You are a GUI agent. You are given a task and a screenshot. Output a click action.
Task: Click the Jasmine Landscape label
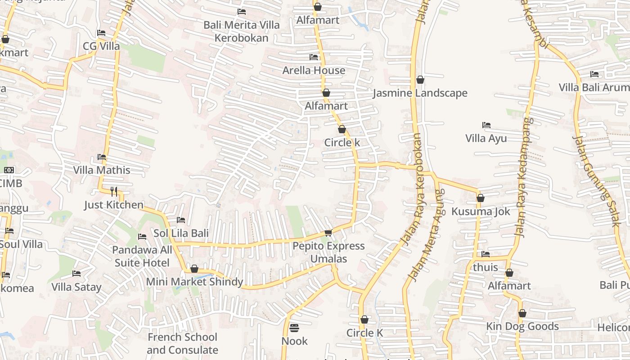[x=420, y=93]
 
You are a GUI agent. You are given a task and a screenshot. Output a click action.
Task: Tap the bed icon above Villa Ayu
[x=486, y=125]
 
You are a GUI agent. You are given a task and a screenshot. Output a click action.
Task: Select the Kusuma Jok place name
[x=481, y=211]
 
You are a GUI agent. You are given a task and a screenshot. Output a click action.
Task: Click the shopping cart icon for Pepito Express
[x=328, y=233]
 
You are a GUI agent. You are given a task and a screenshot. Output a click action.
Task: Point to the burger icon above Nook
[x=294, y=328]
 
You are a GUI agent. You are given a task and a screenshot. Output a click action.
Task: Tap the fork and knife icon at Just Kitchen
[x=114, y=192]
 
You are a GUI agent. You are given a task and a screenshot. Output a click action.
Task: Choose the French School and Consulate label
[x=182, y=343]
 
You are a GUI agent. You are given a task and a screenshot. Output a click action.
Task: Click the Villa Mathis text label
[x=102, y=170]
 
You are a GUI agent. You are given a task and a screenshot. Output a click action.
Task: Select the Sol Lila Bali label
[x=181, y=233]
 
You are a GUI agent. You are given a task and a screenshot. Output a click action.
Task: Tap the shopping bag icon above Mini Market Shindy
[x=194, y=269]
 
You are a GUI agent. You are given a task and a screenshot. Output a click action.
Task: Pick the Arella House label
[x=314, y=70]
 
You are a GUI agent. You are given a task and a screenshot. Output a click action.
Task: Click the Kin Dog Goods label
[x=522, y=326]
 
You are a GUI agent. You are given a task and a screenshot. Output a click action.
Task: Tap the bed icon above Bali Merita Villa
[x=242, y=12]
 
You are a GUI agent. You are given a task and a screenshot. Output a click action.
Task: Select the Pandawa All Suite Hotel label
[x=142, y=256]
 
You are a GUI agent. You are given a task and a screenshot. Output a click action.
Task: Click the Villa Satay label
[x=76, y=287]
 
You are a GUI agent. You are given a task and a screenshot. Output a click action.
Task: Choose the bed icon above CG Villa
[x=101, y=33]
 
